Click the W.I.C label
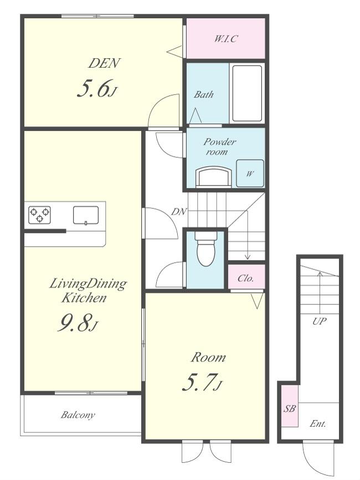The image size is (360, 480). tap(226, 39)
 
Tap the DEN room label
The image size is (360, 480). tap(104, 63)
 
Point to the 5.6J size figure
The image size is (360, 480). tap(97, 89)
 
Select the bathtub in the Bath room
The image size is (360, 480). tap(247, 93)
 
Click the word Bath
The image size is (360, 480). tap(204, 94)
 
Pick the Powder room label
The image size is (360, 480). tap(219, 147)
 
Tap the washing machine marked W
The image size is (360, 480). tap(250, 173)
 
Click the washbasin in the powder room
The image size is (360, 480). tap(213, 177)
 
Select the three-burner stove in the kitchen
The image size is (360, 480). tap(39, 215)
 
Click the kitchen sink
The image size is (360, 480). tap(86, 215)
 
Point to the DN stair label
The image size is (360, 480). tap(179, 211)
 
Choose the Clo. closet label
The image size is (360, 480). tap(245, 278)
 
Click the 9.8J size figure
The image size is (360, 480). tap(78, 323)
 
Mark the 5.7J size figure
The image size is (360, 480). tap(202, 382)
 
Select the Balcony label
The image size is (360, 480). tap(78, 415)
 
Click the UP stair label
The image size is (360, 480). tap(319, 321)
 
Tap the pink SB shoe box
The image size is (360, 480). tap(289, 406)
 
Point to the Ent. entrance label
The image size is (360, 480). tap(317, 424)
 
